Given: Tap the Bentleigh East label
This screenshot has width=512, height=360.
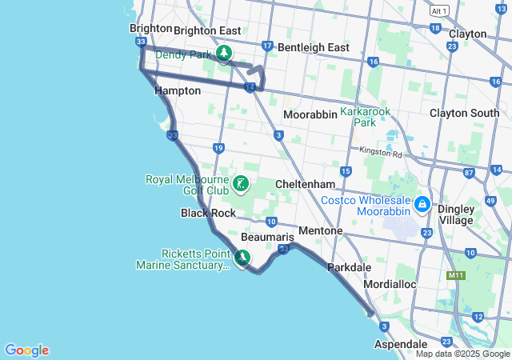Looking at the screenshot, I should pos(313,47).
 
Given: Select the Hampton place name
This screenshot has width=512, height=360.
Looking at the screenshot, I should pos(177,90).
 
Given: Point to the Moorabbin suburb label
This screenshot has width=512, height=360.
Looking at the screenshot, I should pos(310,114).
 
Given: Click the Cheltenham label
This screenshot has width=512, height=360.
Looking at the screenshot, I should pos(299,183).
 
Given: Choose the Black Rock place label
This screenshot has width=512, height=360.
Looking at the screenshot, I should pos(208,213).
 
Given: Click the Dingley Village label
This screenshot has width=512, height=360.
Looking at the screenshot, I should pos(456,214).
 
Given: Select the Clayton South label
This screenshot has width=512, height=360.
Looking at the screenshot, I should pos(464,113).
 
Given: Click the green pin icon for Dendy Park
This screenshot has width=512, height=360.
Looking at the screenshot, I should pos(225,54).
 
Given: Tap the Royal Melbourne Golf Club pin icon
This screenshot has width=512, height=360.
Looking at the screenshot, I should pos(240,186).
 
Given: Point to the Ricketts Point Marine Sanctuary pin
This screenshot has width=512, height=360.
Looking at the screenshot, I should pos(241,257).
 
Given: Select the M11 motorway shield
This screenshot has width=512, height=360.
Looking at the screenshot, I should pos(456,276).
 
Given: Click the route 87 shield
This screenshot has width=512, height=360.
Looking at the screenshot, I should pos(470,173).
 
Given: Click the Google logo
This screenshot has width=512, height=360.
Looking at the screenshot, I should pos(26,350).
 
